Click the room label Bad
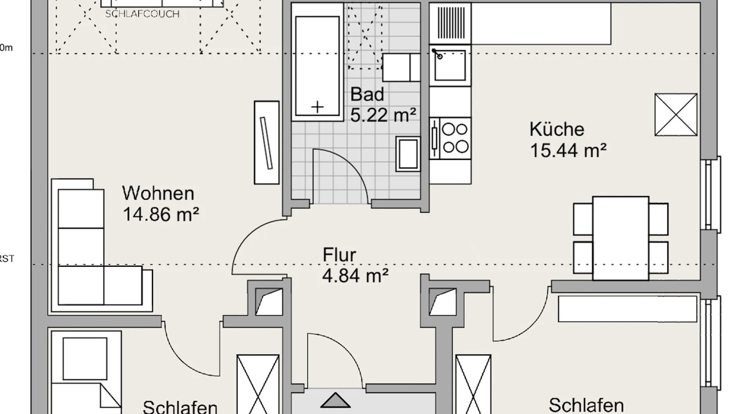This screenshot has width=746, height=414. point(367,95)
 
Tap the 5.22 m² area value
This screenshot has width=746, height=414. point(383,115)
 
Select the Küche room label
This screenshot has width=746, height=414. point(557,130)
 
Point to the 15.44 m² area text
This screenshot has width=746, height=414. point(568,150)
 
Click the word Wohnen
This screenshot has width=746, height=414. point(158,194)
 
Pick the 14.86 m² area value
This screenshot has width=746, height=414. point(161,215)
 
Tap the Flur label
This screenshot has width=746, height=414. point(339,255)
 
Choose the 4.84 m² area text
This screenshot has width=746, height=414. point(355,276)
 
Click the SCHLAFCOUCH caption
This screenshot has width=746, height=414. point(142,14)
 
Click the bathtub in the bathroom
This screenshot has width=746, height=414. point(317,62)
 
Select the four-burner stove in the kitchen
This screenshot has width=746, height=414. point(455,138)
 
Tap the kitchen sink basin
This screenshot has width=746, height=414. point(450,65)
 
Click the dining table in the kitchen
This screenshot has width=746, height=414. point(620,238)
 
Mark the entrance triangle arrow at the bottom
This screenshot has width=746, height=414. point(335,401)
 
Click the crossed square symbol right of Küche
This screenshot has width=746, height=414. point(676,115)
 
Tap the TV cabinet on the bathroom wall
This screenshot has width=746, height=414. point(266,142)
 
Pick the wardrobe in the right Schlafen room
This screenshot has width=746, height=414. point(627,308)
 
